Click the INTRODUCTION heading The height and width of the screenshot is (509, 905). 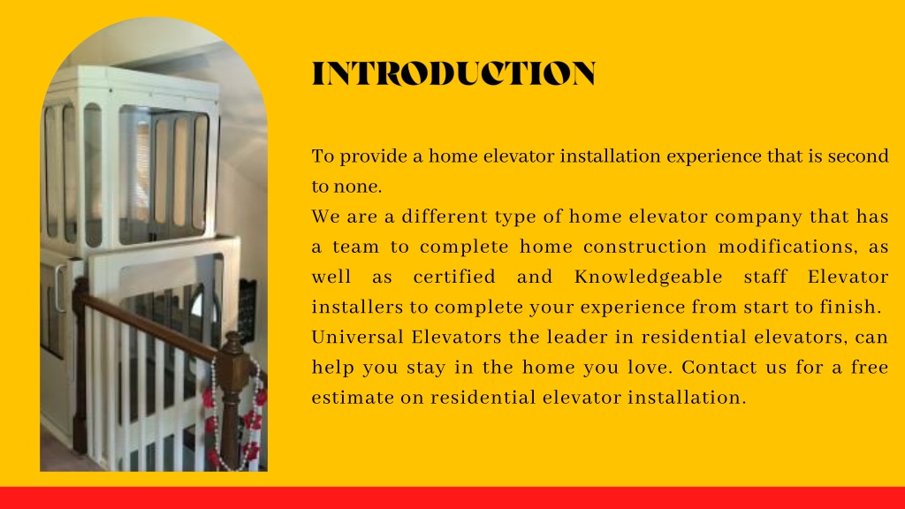[x=453, y=74]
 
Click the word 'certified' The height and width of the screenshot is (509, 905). [x=454, y=277]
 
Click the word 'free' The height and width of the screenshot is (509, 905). [x=870, y=368]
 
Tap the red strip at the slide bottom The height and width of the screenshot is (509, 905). [x=452, y=498]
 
